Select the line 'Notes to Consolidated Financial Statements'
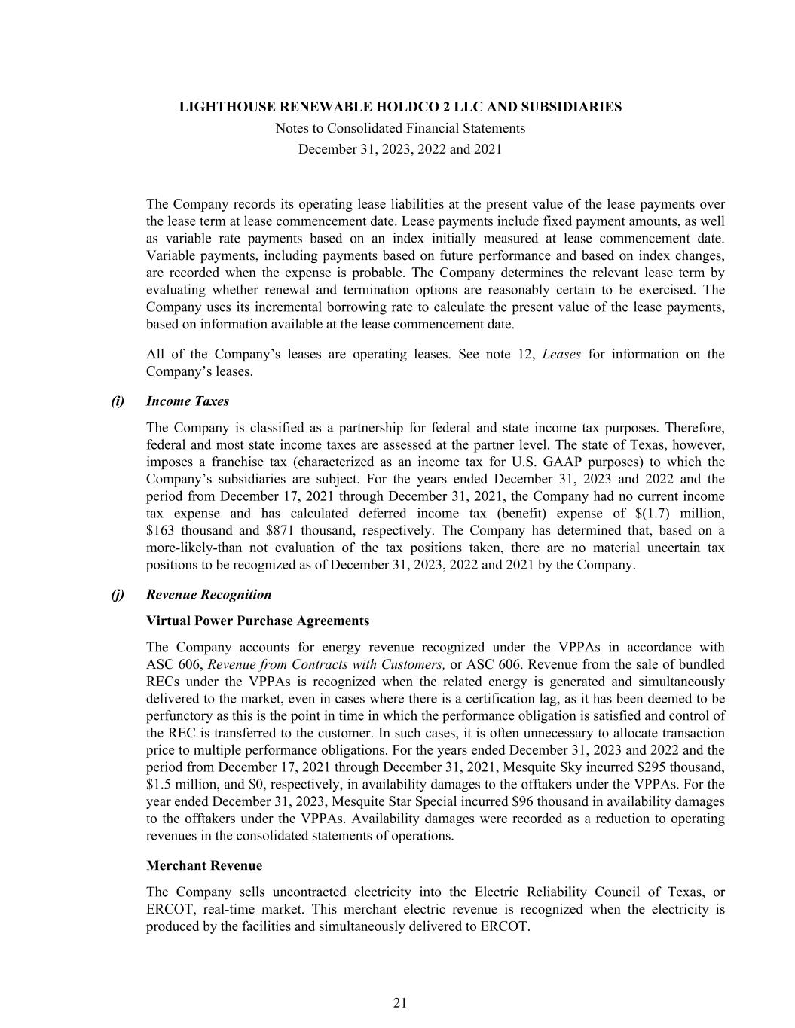400,128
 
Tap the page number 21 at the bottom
400,1002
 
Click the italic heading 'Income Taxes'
188,401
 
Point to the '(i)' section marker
118,401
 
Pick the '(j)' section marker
118,595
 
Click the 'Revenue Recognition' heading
209,595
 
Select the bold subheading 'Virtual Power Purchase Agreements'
258,621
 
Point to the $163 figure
160,531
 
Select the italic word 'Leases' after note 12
561,355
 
